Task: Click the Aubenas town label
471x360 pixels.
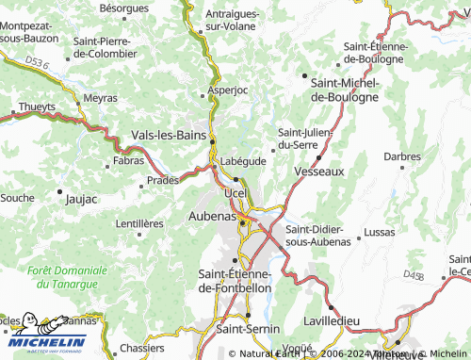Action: pyautogui.click(x=199, y=217)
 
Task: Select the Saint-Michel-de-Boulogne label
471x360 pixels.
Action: pyautogui.click(x=344, y=90)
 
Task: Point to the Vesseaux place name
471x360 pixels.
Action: pyautogui.click(x=318, y=172)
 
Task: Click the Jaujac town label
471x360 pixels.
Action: pyautogui.click(x=81, y=200)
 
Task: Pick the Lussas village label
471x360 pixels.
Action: pyautogui.click(x=379, y=231)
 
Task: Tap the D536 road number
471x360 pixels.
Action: pyautogui.click(x=36, y=61)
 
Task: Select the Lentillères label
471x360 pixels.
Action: pyautogui.click(x=138, y=223)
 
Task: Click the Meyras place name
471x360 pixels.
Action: pyautogui.click(x=100, y=98)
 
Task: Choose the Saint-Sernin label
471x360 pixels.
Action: pyautogui.click(x=245, y=329)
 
